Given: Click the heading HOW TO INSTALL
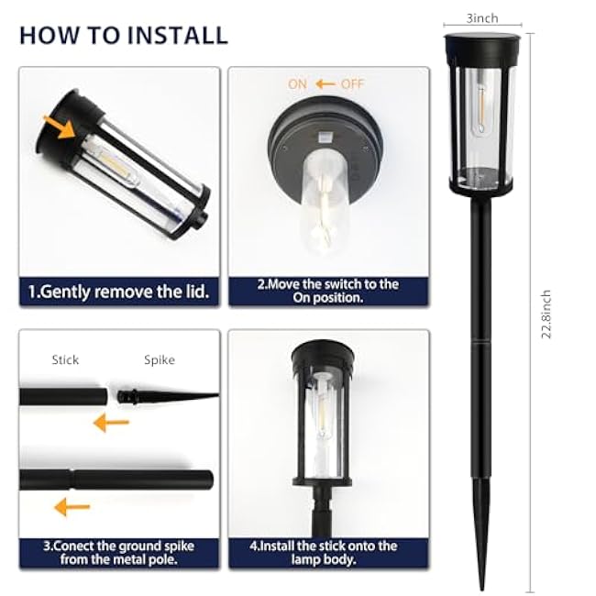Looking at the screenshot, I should [123, 35].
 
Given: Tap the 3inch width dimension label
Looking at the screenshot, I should [482, 17].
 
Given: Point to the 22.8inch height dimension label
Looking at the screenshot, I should [546, 315].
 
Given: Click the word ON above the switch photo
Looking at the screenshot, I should [297, 83].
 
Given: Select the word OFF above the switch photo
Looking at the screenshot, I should [353, 83].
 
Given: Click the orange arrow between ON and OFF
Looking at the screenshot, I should [325, 83].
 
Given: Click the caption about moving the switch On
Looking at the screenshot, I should [327, 291].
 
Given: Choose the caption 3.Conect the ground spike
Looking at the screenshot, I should [119, 552].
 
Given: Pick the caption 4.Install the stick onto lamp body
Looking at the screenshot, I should [327, 552].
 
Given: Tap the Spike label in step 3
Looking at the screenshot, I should [160, 360].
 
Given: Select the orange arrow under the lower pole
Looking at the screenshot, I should [72, 506].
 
